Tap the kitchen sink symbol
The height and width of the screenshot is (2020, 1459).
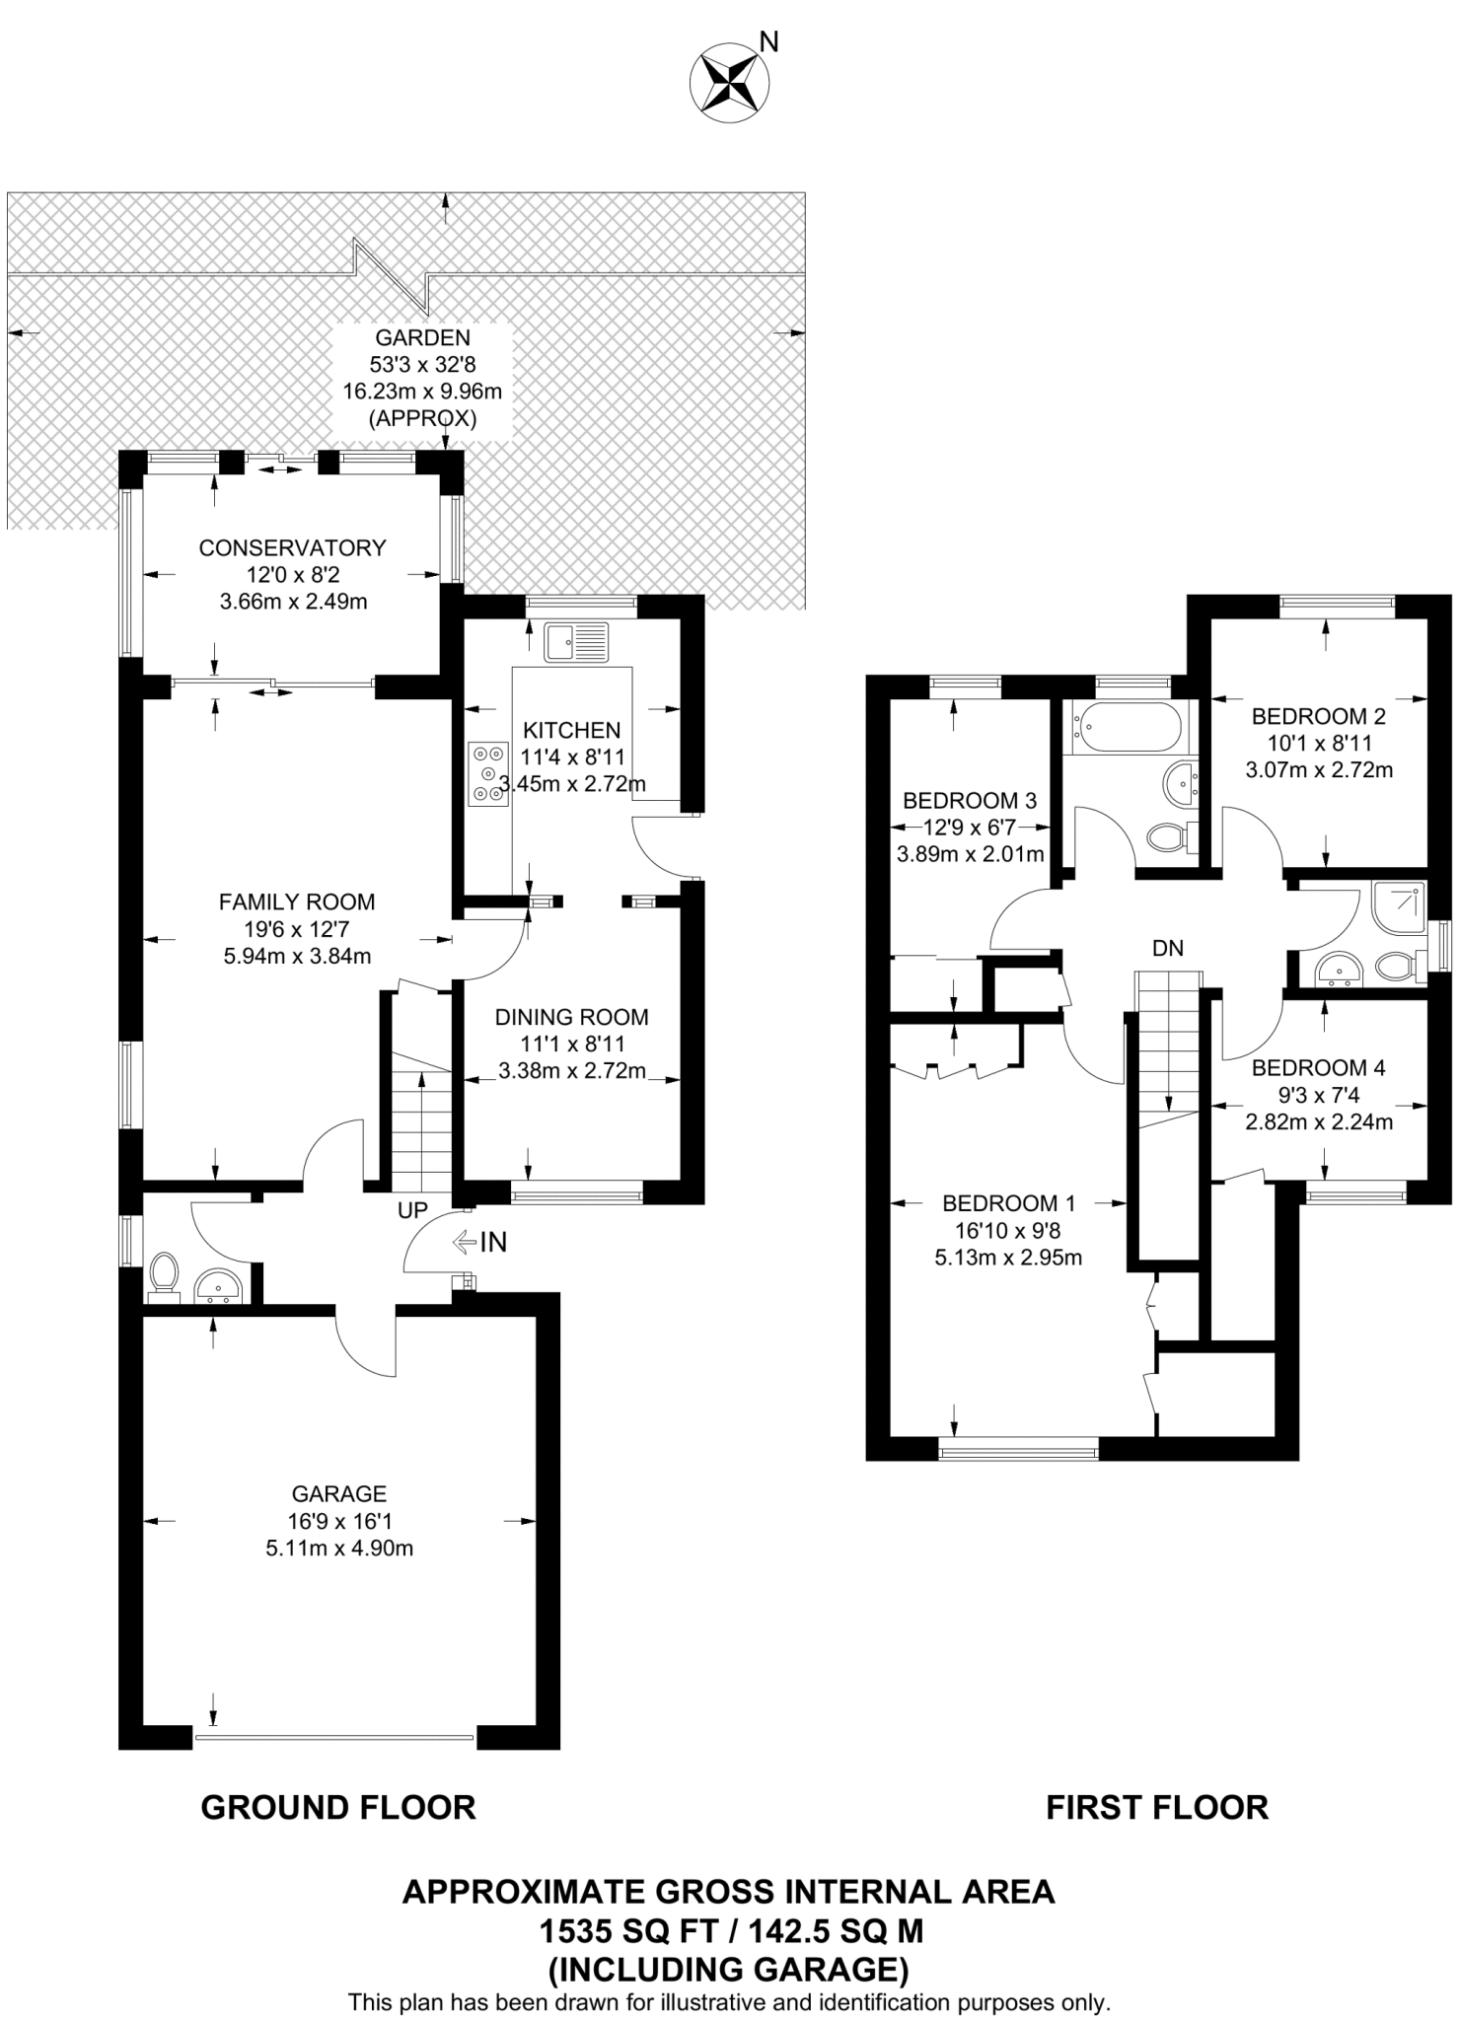coord(576,641)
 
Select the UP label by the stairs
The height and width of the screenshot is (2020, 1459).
coord(412,1210)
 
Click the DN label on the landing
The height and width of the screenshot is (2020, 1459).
coord(1167,948)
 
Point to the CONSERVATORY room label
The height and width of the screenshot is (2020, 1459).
coord(292,547)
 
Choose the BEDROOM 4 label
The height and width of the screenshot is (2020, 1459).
coord(1318,1067)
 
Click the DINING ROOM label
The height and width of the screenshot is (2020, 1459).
coord(572,1017)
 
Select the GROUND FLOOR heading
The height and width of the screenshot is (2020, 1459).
coord(338,1808)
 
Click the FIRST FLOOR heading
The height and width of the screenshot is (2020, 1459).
coord(1157,1808)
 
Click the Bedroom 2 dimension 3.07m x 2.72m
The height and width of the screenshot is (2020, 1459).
coord(1319,770)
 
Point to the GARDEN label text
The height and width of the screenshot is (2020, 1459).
coord(422,337)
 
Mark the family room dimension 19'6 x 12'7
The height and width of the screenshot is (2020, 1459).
coord(297,928)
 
